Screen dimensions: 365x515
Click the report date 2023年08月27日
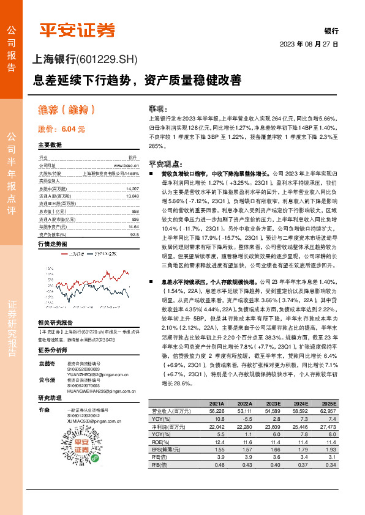tap(309, 45)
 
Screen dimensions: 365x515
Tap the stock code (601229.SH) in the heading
tap(107, 59)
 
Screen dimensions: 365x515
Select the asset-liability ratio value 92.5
tap(134, 234)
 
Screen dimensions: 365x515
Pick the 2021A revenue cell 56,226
tap(216, 412)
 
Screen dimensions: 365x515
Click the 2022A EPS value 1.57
tap(245, 448)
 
